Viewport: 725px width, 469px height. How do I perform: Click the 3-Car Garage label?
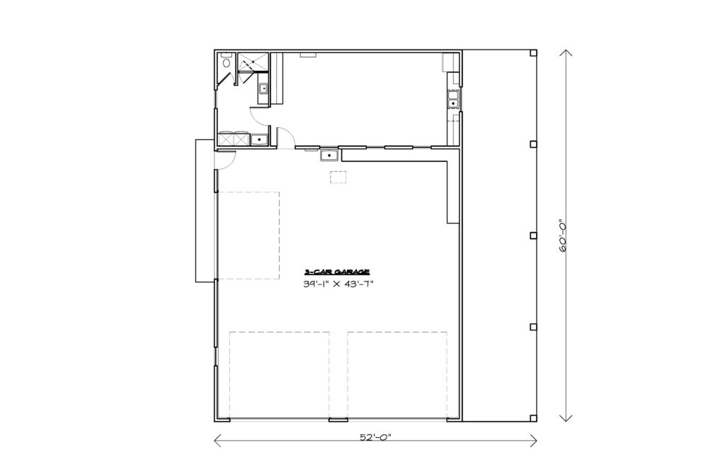[336, 272]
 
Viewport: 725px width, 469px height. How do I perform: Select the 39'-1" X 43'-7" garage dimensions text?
[338, 284]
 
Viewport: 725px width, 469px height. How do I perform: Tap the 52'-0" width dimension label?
[375, 437]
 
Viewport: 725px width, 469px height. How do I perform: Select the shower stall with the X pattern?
[253, 63]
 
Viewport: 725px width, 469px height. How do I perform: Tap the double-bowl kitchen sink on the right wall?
[452, 99]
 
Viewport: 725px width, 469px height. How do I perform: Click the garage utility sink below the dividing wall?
[329, 156]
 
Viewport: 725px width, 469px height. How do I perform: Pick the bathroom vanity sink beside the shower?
[263, 89]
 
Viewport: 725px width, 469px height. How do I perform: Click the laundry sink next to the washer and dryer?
[259, 139]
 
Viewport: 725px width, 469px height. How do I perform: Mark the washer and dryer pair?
[234, 139]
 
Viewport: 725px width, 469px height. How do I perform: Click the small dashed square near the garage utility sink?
[338, 177]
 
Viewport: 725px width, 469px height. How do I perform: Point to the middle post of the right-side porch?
[533, 236]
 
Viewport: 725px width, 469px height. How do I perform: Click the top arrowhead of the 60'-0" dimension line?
[566, 52]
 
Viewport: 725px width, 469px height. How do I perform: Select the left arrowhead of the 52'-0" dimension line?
[217, 441]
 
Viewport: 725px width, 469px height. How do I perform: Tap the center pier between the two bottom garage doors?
[338, 419]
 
